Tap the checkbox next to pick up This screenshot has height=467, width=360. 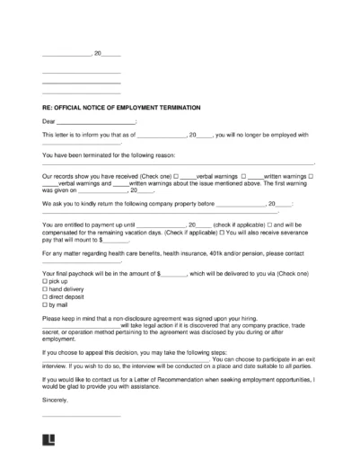pyautogui.click(x=45, y=282)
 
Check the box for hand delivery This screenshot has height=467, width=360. pyautogui.click(x=45, y=289)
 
